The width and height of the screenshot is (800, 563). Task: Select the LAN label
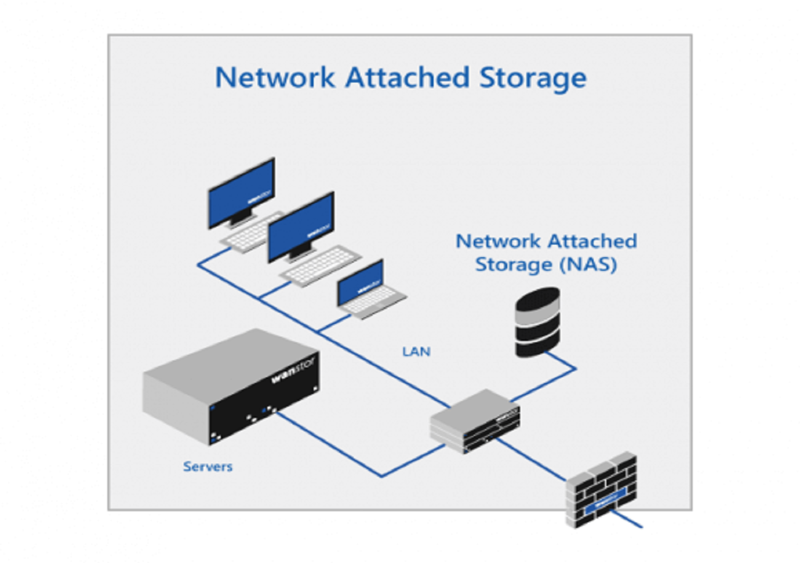416,352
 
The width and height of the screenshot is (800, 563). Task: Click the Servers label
207,467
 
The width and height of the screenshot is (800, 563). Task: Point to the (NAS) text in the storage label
588,265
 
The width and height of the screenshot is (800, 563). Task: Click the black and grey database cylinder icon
537,322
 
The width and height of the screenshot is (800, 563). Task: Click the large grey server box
231,385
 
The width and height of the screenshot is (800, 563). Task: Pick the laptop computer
369,291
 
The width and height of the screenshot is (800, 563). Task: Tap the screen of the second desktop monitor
301,226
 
